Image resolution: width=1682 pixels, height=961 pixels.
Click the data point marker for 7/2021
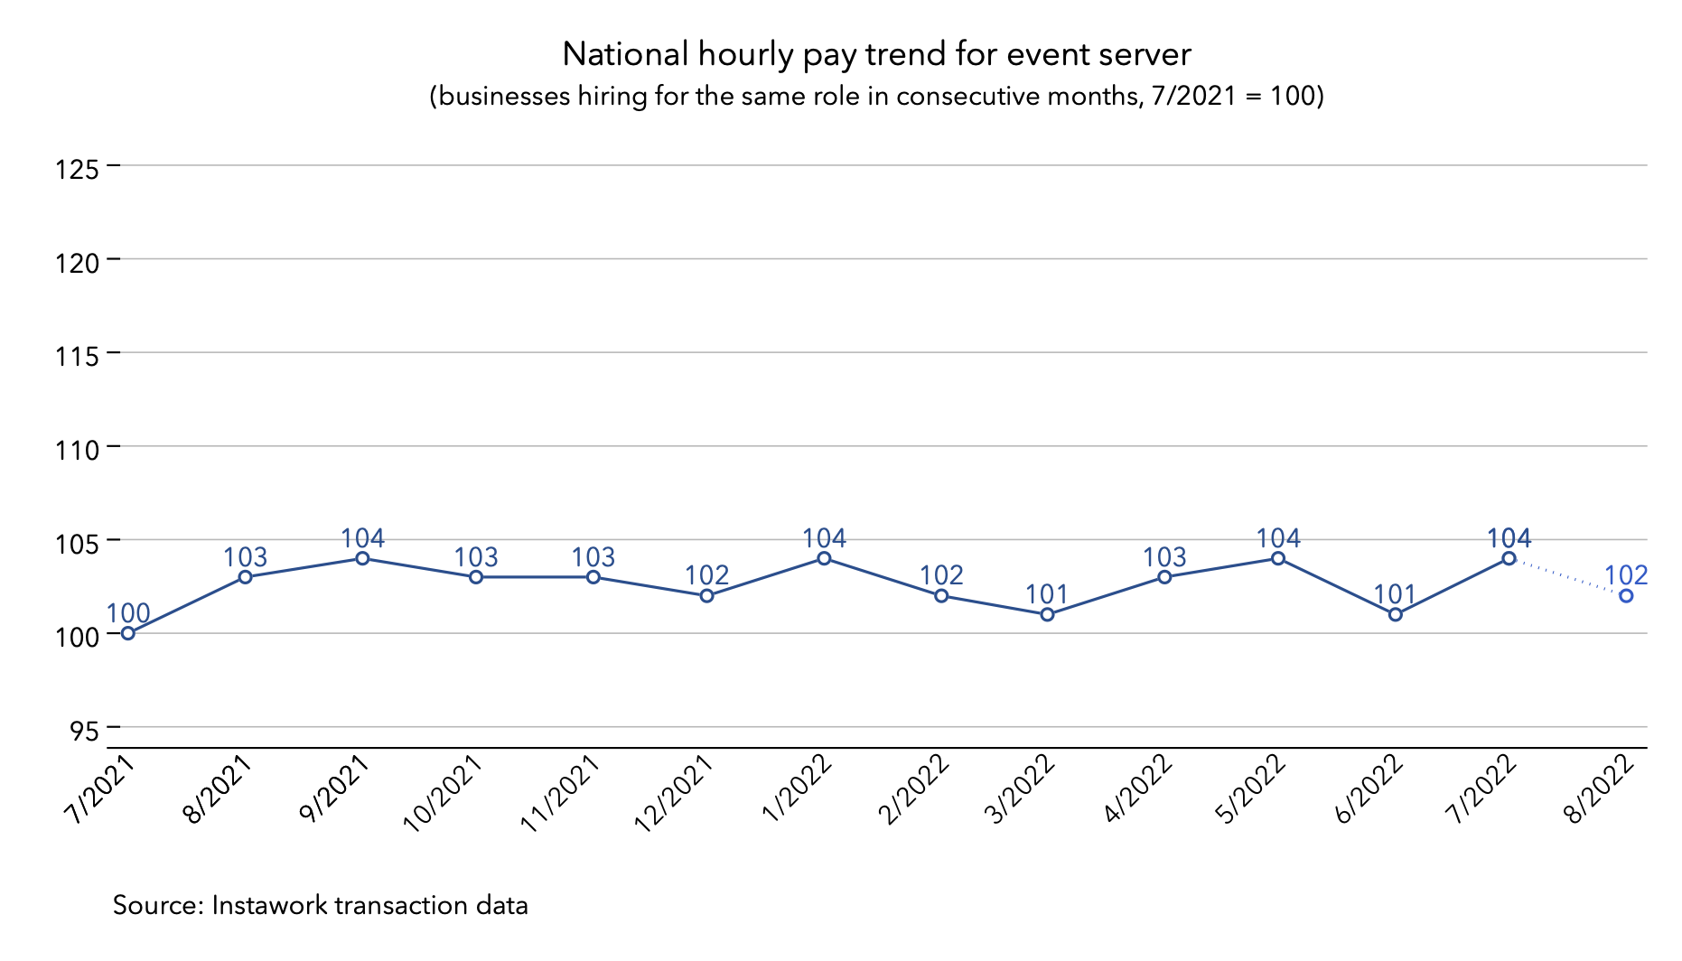tap(128, 633)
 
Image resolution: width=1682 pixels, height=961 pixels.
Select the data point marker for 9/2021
tap(362, 558)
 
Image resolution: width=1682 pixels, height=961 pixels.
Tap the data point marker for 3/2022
tap(1047, 615)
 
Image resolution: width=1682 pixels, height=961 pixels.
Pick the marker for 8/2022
tap(1626, 596)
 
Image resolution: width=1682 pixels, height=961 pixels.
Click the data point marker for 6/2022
tap(1395, 615)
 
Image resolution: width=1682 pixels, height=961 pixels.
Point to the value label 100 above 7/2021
tap(128, 613)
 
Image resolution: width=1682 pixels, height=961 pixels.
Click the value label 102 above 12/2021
tap(706, 575)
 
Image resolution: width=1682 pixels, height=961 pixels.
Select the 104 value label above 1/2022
tap(824, 538)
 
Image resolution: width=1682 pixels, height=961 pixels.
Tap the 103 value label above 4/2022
tap(1164, 557)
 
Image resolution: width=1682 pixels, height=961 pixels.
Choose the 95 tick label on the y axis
tap(83, 731)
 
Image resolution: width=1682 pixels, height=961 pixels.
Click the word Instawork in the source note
tap(267, 905)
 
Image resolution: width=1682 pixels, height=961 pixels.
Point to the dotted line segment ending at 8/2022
tap(1567, 577)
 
